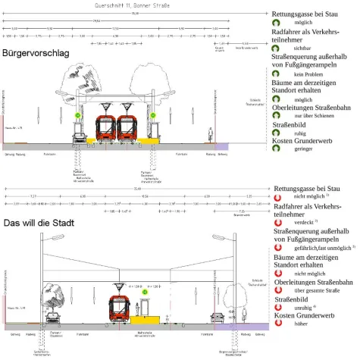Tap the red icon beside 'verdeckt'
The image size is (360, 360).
point(277,226)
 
